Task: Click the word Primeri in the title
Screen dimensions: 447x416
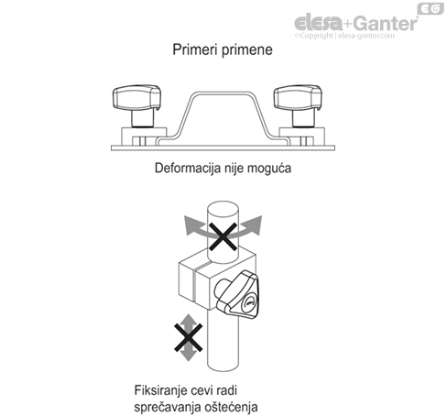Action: [x=195, y=49]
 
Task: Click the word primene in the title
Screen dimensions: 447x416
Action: [x=247, y=50]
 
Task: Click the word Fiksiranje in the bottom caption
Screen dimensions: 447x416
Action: [x=160, y=390]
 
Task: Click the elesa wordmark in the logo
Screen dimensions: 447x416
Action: [x=319, y=23]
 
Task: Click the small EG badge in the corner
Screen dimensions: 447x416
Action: [x=431, y=9]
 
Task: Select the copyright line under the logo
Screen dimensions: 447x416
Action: [x=344, y=36]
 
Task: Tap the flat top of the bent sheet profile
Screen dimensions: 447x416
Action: [x=223, y=93]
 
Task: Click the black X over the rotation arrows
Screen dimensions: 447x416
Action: [x=223, y=236]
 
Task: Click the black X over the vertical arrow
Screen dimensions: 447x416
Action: [x=189, y=337]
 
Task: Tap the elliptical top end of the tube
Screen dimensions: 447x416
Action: [x=223, y=210]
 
